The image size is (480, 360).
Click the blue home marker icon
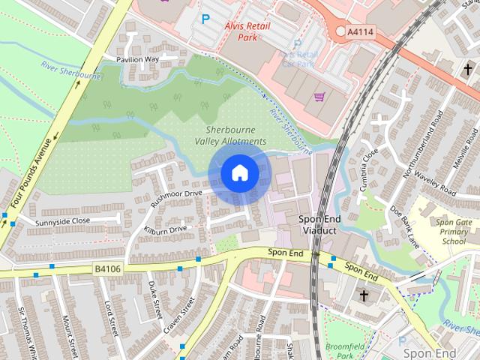pyautogui.click(x=239, y=173)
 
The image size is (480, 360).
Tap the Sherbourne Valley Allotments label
pyautogui.click(x=230, y=135)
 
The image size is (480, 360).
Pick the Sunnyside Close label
pyautogui.click(x=61, y=221)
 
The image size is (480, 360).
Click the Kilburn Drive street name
pyautogui.click(x=165, y=228)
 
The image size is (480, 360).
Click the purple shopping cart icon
pyautogui.click(x=320, y=97)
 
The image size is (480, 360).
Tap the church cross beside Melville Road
pyautogui.click(x=467, y=69)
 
